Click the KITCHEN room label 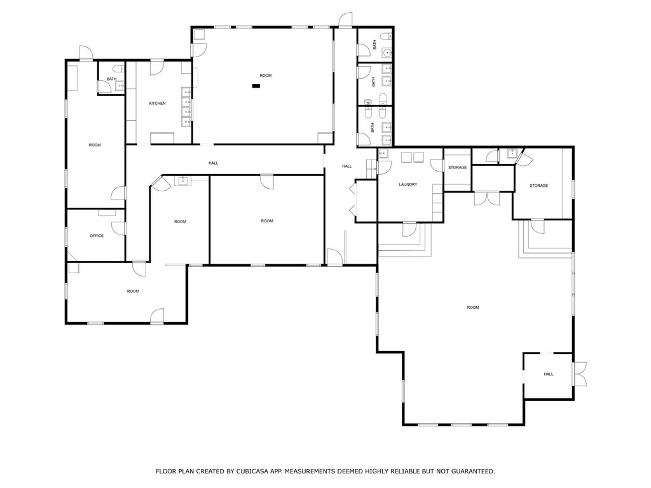click(x=157, y=104)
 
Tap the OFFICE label click(x=97, y=236)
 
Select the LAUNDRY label click(x=408, y=185)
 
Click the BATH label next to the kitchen click(x=111, y=79)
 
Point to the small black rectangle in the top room click(x=256, y=85)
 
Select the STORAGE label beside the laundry click(x=457, y=168)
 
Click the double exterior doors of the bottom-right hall click(x=579, y=374)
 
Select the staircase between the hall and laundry click(x=371, y=168)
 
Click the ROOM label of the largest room click(x=472, y=308)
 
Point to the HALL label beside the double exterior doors click(x=548, y=374)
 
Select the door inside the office click(x=118, y=229)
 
